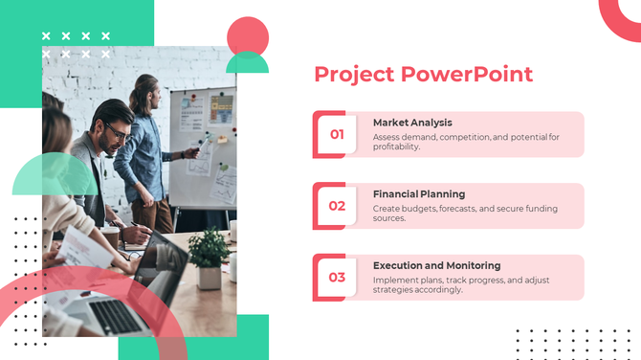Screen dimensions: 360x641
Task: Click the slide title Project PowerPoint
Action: point(423,74)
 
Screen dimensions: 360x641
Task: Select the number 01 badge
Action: point(337,134)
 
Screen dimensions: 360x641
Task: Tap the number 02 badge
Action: point(337,206)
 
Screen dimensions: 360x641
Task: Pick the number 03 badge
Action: point(337,278)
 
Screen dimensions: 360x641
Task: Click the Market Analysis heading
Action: point(412,123)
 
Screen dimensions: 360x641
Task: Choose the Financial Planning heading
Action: point(419,193)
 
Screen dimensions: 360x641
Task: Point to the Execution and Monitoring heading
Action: point(436,265)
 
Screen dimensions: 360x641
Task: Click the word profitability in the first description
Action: point(396,146)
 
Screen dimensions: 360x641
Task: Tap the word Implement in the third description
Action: point(394,280)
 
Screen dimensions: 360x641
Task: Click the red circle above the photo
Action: point(247,36)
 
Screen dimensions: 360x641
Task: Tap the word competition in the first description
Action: point(463,137)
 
